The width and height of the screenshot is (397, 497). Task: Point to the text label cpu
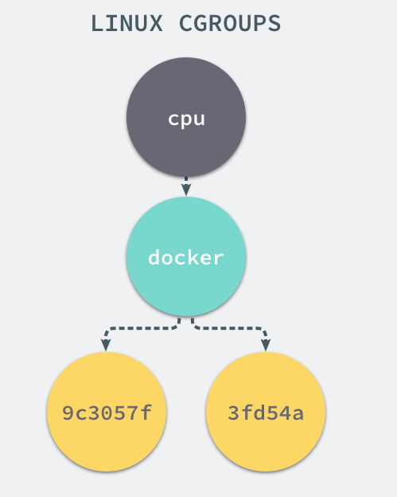tap(186, 119)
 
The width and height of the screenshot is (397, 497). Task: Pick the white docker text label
tap(186, 258)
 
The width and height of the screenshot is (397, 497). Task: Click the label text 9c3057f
tap(107, 413)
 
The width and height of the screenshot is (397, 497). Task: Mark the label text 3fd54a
tap(266, 413)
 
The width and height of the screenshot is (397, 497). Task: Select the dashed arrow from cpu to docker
tap(186, 182)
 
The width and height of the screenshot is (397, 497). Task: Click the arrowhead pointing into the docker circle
tap(186, 190)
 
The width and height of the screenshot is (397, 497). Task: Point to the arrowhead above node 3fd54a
tap(266, 346)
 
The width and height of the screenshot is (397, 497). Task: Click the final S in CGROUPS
tap(274, 24)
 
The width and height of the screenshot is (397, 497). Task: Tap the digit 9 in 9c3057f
tap(68, 413)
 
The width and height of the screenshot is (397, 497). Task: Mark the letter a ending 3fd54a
tap(297, 413)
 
